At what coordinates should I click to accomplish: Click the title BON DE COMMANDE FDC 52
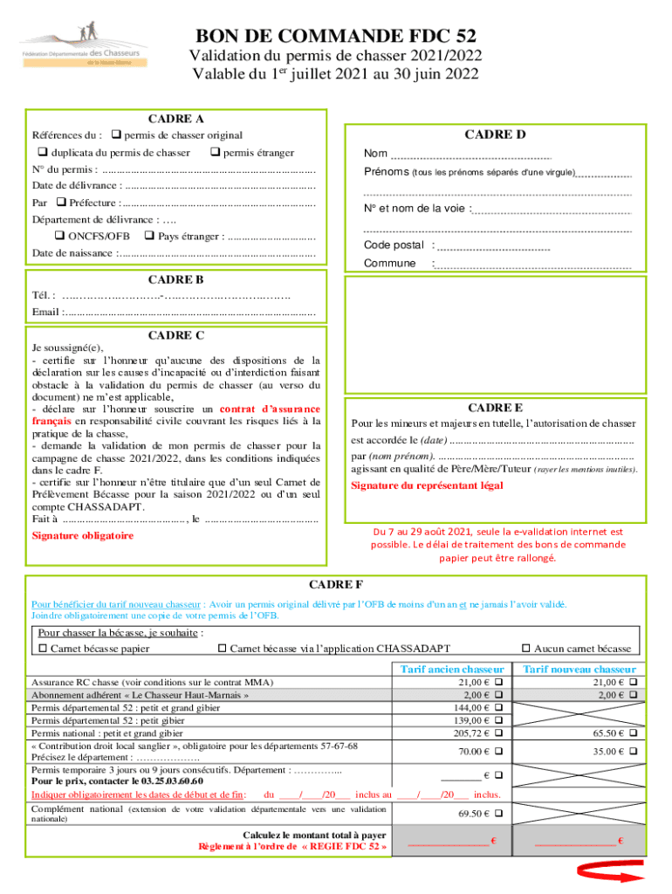[336, 36]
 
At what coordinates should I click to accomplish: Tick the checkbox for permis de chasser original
[117, 135]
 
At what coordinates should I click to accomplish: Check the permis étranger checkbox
[215, 153]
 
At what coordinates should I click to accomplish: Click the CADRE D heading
[495, 134]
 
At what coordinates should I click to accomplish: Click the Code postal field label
[394, 245]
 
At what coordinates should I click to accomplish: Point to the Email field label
[45, 311]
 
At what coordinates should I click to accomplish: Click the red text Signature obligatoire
[82, 535]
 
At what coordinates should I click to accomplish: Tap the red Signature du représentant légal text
[427, 485]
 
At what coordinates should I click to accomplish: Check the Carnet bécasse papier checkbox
[43, 648]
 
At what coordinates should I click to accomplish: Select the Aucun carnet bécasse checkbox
[525, 648]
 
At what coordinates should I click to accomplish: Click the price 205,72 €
[475, 733]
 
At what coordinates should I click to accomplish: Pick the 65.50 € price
[607, 733]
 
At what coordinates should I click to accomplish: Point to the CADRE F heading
[336, 584]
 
